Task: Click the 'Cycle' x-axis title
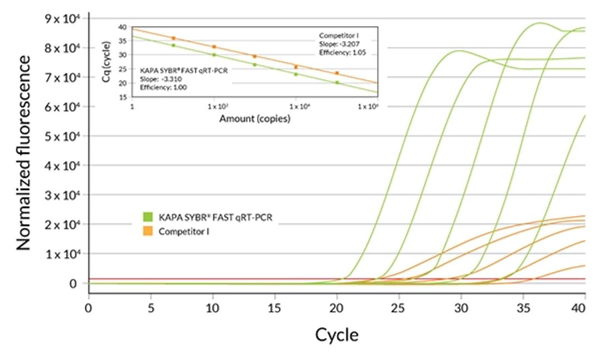point(337,335)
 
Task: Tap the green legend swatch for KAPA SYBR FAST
point(148,216)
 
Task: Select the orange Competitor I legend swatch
point(148,229)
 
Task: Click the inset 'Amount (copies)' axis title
point(254,119)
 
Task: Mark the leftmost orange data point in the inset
point(173,38)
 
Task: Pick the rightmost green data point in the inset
point(337,83)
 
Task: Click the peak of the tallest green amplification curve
point(539,23)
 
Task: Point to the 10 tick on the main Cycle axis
point(213,307)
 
